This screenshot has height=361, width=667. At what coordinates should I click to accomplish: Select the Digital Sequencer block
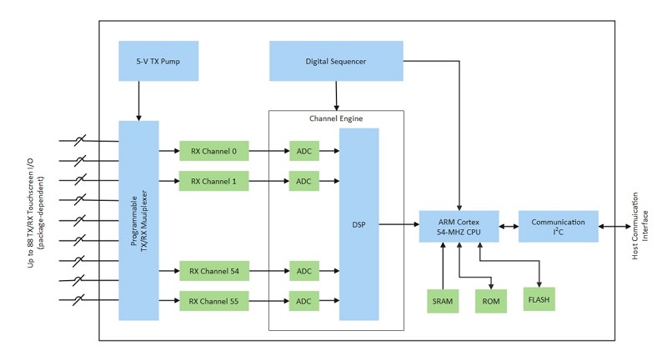[336, 61]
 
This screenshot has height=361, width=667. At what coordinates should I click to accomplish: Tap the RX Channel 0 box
[213, 151]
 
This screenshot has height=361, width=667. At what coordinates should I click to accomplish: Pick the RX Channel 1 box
[213, 181]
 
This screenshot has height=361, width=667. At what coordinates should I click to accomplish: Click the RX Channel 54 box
[213, 271]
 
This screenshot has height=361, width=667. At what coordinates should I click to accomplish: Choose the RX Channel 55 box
[213, 300]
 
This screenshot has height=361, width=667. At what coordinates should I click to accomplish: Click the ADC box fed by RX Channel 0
[303, 151]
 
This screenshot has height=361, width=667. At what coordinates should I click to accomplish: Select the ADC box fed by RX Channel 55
[303, 300]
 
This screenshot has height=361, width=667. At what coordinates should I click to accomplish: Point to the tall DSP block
[359, 224]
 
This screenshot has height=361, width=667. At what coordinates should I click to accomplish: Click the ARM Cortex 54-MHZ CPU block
[459, 224]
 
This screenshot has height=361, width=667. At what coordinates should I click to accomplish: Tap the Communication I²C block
[558, 224]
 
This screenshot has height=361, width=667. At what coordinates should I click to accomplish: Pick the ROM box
[490, 300]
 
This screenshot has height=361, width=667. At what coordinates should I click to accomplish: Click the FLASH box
[539, 297]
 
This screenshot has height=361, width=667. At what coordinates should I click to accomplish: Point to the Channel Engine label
[336, 118]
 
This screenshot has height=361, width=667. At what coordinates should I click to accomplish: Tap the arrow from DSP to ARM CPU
[399, 224]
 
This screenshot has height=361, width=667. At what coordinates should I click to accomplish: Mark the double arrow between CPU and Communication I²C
[508, 224]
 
